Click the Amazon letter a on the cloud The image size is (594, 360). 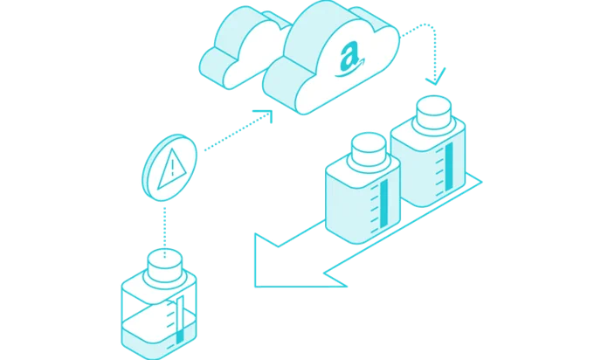349,57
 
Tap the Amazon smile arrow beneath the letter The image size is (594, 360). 350,70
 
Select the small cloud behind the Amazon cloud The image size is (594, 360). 243,47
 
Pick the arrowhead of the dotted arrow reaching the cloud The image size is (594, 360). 266,114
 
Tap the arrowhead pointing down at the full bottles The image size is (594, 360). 436,78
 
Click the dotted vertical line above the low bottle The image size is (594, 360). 165,232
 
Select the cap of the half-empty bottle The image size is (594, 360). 164,266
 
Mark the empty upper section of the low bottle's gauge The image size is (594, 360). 180,313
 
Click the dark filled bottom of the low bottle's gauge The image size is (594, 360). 180,337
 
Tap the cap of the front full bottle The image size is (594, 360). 369,149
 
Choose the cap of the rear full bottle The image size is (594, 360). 434,112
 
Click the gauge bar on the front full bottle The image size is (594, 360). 383,204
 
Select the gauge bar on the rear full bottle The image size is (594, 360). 449,167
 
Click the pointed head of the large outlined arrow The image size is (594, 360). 266,261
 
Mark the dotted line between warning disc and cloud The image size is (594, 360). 237,131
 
